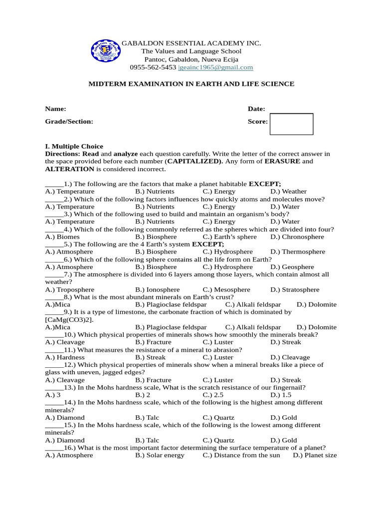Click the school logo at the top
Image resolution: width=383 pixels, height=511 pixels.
tap(105, 51)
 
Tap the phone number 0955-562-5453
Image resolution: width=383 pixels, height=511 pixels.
tap(153, 67)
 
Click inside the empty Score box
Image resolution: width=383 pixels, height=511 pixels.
tap(291, 124)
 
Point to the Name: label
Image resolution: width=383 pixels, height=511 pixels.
tap(55, 109)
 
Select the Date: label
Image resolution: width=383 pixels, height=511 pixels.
tap(256, 109)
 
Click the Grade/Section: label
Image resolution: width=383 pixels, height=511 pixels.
tap(69, 121)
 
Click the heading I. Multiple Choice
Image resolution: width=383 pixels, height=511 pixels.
tap(74, 146)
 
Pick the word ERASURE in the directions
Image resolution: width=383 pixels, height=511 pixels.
tap(282, 161)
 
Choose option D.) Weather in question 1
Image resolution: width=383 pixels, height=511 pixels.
tap(288, 191)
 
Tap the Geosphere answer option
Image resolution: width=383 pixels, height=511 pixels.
tap(292, 267)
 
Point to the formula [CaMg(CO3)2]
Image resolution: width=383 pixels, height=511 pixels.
tap(69, 319)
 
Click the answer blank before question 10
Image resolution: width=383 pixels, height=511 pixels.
tap(54, 334)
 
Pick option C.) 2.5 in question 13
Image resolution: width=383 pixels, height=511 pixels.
tap(213, 395)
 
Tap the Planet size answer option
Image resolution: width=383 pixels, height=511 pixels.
tap(315, 455)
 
